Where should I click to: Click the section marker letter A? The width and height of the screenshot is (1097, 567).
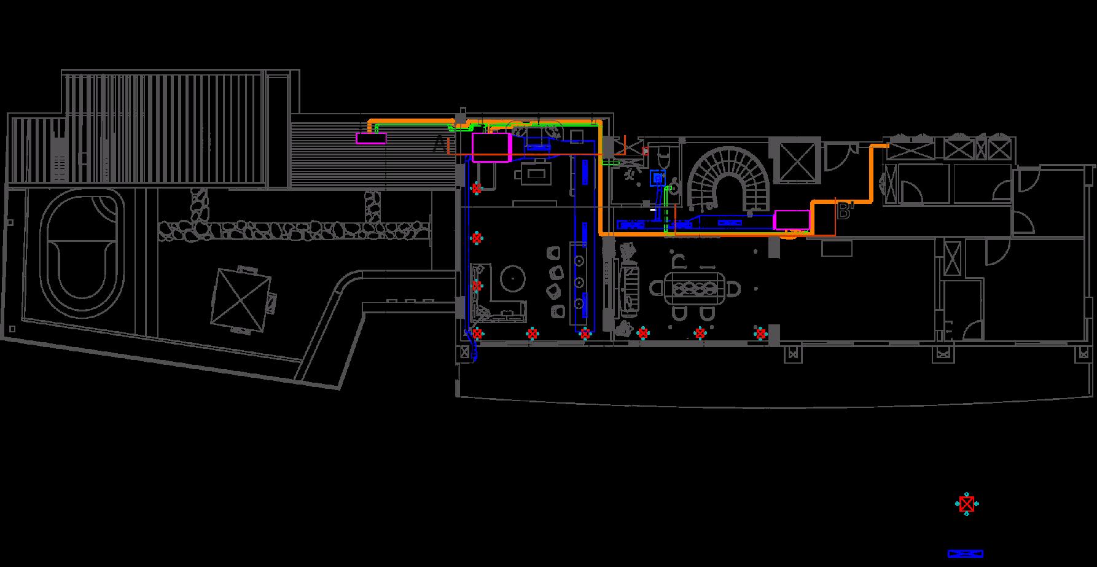click(439, 144)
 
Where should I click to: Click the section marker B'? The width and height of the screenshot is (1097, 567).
click(845, 212)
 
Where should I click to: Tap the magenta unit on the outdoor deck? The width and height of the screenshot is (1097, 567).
click(371, 138)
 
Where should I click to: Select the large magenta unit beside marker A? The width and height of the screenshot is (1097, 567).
click(491, 147)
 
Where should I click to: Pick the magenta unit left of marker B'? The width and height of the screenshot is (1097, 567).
click(792, 219)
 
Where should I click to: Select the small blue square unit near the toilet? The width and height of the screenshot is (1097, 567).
click(657, 178)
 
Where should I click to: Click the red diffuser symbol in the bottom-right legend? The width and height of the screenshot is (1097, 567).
click(967, 504)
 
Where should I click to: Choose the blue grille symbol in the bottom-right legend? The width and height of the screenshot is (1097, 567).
click(966, 553)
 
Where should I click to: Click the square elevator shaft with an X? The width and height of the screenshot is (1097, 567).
click(797, 163)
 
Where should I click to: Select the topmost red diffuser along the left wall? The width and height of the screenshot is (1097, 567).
click(476, 189)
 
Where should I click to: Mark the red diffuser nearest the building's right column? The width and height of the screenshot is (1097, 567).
click(761, 334)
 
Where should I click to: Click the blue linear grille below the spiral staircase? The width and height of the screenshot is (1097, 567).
click(729, 222)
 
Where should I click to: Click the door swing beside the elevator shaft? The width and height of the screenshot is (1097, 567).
click(838, 157)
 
